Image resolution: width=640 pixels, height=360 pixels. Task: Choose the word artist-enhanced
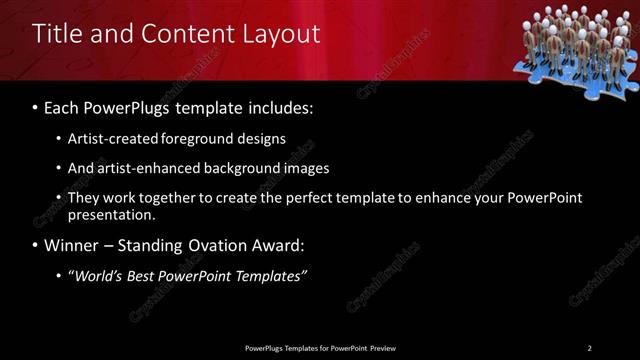(151, 168)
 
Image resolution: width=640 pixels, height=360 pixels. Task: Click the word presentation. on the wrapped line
(111, 215)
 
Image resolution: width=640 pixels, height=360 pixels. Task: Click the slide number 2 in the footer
(589, 348)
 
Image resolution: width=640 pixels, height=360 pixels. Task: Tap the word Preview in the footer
(381, 348)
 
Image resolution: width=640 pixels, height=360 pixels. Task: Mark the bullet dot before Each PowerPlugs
(36, 105)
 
